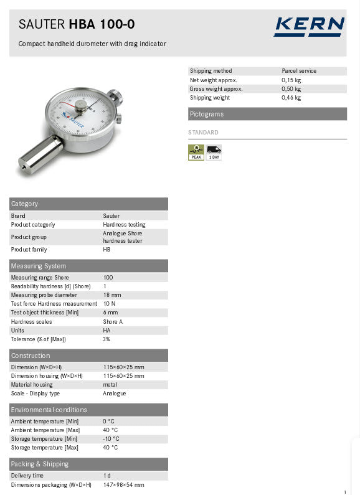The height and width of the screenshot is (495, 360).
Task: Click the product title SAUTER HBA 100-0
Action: [x=77, y=25]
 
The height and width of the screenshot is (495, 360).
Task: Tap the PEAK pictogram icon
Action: [x=196, y=152]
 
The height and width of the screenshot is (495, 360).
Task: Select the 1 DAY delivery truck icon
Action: [x=214, y=152]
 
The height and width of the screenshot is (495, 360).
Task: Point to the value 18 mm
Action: [x=112, y=295]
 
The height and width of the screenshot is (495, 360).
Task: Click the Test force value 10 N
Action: [x=110, y=304]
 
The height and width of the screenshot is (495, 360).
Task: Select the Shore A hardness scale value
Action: [x=113, y=322]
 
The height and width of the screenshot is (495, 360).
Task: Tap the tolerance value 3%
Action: [x=107, y=339]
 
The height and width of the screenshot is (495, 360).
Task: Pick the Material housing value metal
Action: [x=110, y=385]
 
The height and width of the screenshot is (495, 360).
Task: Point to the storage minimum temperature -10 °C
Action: [x=110, y=439]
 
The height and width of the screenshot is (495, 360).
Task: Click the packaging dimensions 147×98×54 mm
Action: [x=123, y=485]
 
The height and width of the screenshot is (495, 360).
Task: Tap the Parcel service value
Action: [x=299, y=71]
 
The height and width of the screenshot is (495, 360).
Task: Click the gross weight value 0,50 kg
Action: [x=291, y=89]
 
